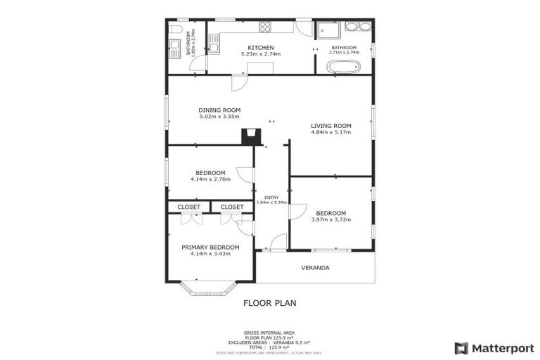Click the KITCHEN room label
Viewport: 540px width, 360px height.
coord(250,47)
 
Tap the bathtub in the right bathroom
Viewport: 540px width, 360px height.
coord(344,67)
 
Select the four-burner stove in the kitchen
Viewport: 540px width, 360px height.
coord(266,27)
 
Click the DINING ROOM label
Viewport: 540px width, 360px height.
coord(219,110)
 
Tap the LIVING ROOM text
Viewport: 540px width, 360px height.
coord(331,127)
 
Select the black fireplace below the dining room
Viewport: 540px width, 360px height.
coord(250,136)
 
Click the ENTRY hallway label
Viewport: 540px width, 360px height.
coord(271,198)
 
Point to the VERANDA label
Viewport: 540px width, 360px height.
coord(315,268)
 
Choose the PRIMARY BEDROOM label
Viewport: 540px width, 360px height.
coord(210,247)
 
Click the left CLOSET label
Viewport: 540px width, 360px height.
coord(188,207)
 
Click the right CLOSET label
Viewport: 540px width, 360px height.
coord(232,207)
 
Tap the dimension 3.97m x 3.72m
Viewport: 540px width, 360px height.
coord(330,219)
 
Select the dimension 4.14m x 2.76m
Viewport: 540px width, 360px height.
coord(210,179)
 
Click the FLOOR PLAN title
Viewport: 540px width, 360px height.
coord(269,304)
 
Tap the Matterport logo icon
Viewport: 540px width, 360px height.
coord(461,348)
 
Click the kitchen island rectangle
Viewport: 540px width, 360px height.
coord(259,67)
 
